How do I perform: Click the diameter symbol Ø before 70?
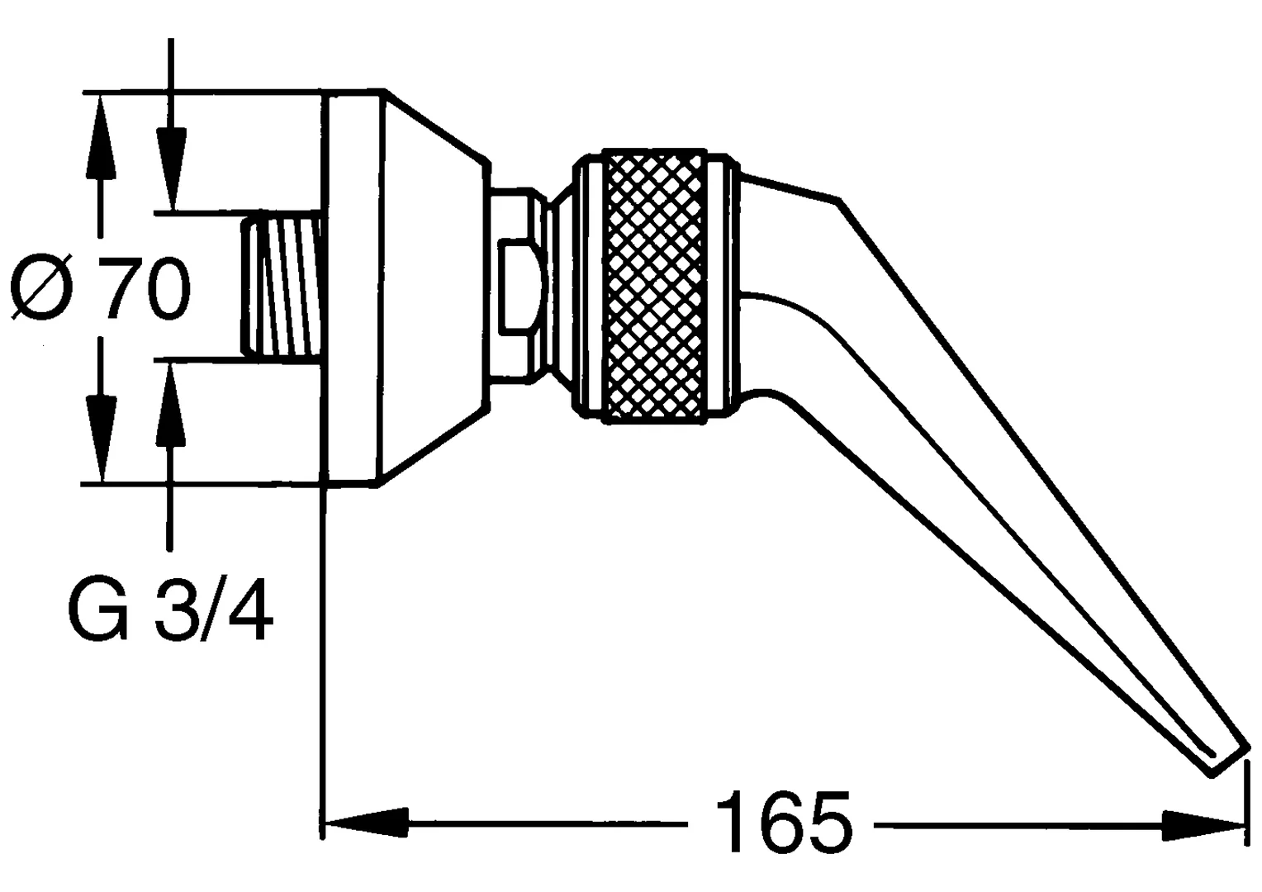point(43,288)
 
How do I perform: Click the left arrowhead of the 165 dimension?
point(367,823)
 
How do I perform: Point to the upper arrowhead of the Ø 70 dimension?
point(102,137)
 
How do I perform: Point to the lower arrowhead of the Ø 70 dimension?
point(102,439)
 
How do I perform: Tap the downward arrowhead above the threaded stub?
point(171,169)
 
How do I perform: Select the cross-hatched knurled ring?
point(656,287)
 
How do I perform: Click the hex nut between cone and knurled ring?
point(517,287)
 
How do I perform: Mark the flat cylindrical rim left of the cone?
point(353,287)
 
